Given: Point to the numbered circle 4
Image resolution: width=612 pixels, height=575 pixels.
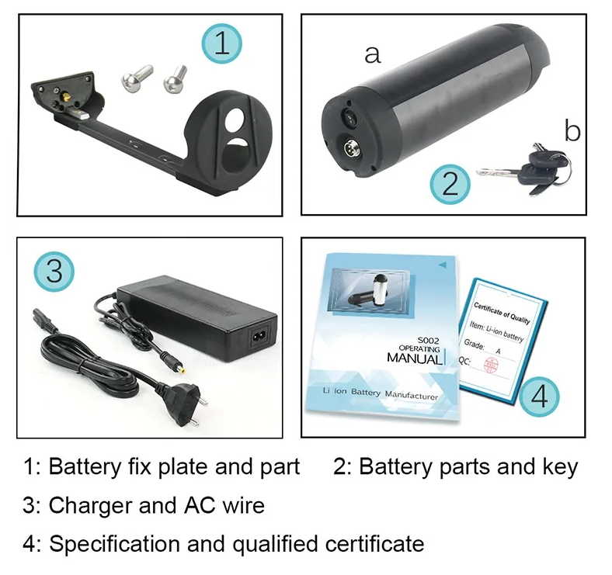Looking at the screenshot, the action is [x=539, y=397].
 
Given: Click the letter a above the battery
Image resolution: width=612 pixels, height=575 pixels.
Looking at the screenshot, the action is [x=373, y=54].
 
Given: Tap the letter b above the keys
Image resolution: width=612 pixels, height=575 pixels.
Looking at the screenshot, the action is [x=572, y=131].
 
